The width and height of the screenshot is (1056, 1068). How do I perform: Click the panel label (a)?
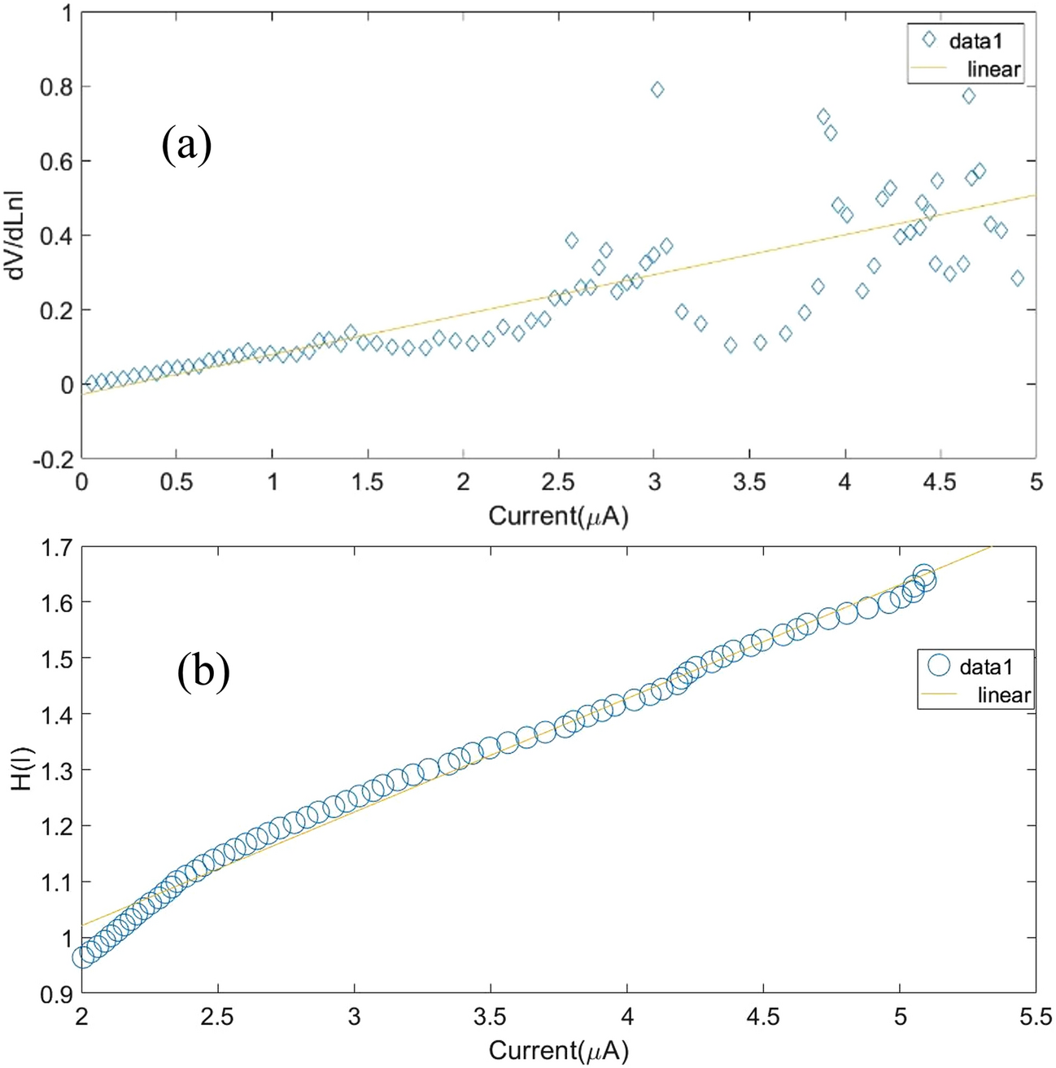(x=186, y=147)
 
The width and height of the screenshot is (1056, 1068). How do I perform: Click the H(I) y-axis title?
(x=18, y=768)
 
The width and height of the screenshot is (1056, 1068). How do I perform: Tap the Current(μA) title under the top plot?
(x=558, y=515)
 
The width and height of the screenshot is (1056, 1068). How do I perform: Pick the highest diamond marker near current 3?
(x=657, y=90)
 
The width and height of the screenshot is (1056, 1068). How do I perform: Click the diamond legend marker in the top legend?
(x=928, y=39)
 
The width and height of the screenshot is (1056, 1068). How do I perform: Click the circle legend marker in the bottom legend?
(x=939, y=665)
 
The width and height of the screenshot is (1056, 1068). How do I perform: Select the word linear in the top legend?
(x=993, y=69)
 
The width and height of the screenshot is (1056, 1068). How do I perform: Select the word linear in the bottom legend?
(x=1004, y=695)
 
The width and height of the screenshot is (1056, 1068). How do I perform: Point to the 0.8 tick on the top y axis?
(x=56, y=87)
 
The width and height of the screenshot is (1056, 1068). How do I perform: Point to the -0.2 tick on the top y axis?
(x=53, y=459)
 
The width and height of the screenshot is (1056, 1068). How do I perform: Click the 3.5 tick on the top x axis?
(x=749, y=482)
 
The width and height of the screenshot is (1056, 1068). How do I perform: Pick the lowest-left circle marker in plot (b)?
(x=82, y=957)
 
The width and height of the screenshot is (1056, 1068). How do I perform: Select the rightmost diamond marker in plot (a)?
(x=1017, y=278)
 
